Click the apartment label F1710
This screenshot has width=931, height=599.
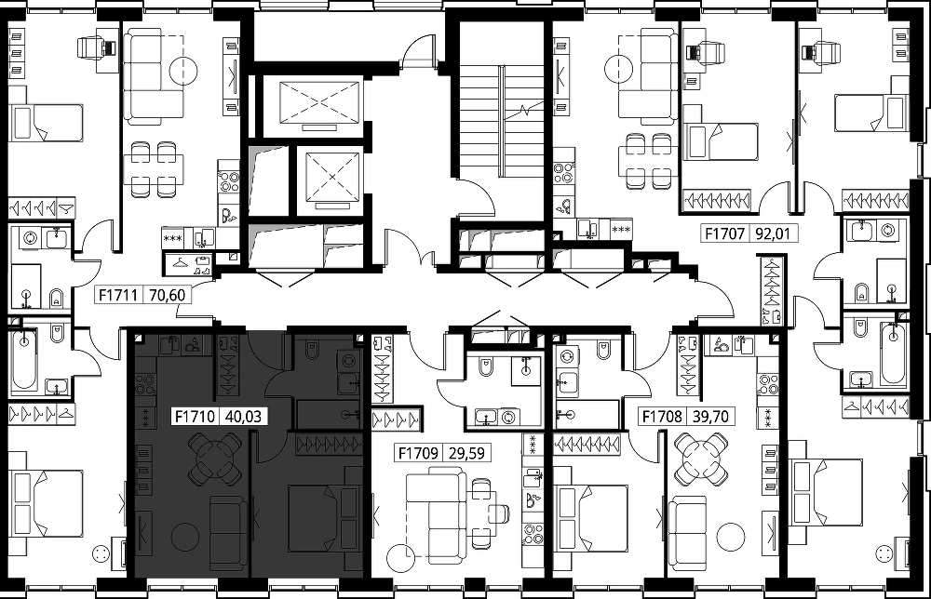coord(195,417)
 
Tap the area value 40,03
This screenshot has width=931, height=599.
coord(243,417)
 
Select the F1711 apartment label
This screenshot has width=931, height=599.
coord(118,295)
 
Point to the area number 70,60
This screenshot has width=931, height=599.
coord(167,295)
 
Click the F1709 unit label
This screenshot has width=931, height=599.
coord(418,454)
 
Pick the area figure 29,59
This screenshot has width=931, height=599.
coord(466,454)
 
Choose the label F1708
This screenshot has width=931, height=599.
coord(662,417)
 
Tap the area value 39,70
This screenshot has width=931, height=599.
coord(710,417)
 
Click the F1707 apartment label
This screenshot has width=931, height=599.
coord(724,233)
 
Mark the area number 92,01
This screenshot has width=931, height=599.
coord(773,233)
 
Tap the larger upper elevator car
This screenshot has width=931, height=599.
coord(319,102)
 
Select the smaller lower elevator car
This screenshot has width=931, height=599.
coord(332,177)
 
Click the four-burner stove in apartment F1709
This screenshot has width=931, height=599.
coord(533,533)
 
